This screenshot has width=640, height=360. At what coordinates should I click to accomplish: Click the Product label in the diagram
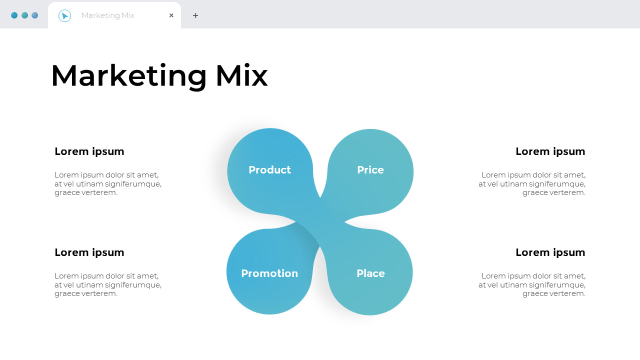269,170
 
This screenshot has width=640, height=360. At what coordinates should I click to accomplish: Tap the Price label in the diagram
370,170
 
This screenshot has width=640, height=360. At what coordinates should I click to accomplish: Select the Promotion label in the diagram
269,273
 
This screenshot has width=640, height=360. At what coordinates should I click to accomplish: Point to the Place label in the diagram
370,273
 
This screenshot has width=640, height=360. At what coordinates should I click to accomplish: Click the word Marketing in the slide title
128,76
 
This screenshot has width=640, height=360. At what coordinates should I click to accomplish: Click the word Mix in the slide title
241,76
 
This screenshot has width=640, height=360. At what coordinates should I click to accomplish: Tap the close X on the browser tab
171,15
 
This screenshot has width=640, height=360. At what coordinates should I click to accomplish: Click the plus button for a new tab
195,15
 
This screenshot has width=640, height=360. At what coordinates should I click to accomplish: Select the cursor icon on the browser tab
64,15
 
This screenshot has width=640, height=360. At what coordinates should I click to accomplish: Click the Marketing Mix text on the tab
108,15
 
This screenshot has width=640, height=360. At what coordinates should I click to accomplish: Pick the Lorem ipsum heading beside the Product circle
89,151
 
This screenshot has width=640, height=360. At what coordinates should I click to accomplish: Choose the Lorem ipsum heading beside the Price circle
550,151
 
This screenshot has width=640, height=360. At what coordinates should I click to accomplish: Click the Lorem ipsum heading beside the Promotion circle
89,252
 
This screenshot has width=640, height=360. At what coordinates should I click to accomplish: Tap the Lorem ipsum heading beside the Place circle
550,252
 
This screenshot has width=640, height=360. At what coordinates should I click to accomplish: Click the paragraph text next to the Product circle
108,183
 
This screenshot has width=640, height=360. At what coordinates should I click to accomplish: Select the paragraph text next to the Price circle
532,183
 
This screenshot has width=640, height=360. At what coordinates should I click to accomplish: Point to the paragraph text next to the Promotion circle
108,284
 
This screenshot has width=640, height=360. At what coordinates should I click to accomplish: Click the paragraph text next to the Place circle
532,284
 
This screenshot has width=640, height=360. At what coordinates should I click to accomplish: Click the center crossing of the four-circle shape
320,222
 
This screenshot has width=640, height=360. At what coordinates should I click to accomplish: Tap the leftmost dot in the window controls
14,15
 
